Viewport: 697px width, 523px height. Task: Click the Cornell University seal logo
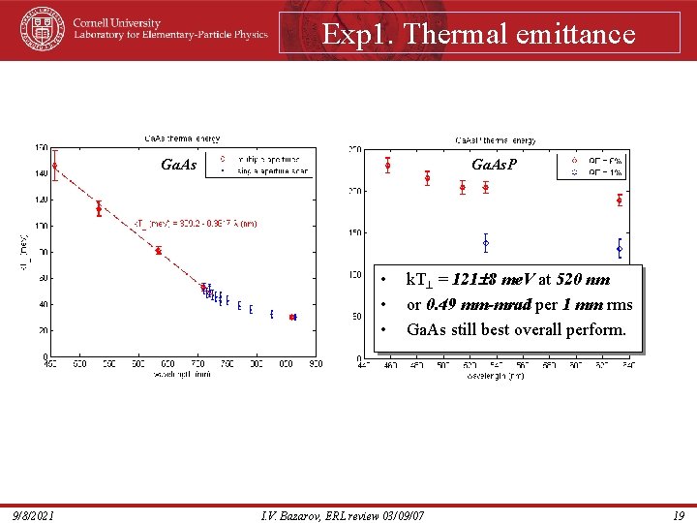pos(41,29)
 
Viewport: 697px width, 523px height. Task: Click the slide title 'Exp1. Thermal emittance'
pos(478,35)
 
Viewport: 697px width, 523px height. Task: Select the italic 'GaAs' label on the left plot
pos(178,166)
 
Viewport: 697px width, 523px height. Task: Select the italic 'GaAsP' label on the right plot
pos(494,166)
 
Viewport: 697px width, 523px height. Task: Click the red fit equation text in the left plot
pos(195,224)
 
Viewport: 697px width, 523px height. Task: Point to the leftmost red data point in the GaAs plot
pos(54,166)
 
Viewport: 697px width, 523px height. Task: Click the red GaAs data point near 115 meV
pos(99,208)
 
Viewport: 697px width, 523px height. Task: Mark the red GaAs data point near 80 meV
pos(158,251)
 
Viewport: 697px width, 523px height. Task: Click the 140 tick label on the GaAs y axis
pos(40,173)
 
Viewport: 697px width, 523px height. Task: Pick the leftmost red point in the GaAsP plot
pos(387,165)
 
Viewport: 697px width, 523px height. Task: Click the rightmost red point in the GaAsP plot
pos(619,200)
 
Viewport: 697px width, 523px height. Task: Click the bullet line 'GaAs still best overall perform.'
pos(515,329)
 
